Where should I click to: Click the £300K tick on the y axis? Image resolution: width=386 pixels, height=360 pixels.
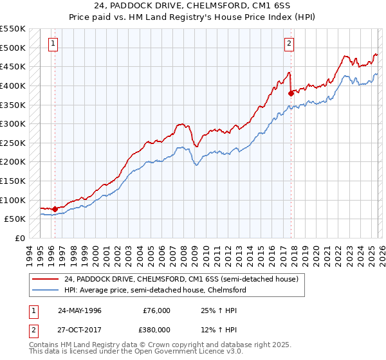tap(13, 123)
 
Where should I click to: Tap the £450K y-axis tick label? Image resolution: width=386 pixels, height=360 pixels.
tap(13, 66)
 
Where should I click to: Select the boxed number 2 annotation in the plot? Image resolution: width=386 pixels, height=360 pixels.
tap(289, 44)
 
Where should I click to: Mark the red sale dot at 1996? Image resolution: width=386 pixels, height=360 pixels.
tap(55, 208)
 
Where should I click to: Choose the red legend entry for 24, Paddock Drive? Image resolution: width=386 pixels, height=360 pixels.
tap(181, 280)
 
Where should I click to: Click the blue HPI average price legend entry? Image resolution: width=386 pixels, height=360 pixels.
tap(154, 291)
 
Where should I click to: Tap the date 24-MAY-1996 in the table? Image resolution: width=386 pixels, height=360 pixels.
tap(80, 310)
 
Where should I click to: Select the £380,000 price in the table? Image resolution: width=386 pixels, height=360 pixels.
tap(156, 329)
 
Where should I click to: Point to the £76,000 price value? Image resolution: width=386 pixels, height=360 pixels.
tap(156, 310)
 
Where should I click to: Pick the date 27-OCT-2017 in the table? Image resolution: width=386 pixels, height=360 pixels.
tap(80, 329)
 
